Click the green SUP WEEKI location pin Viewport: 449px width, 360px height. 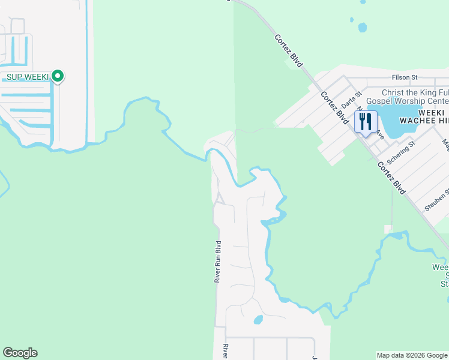click(58, 76)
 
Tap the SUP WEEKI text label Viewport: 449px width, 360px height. click(27, 77)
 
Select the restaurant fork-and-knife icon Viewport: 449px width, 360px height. click(365, 121)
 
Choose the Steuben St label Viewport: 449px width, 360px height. click(436, 200)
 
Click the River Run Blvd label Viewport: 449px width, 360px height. click(218, 262)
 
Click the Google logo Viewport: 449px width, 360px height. click(20, 353)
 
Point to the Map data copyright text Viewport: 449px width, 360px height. click(412, 355)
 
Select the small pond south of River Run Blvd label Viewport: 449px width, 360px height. click(258, 320)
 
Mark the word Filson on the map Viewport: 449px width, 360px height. click(400, 77)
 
